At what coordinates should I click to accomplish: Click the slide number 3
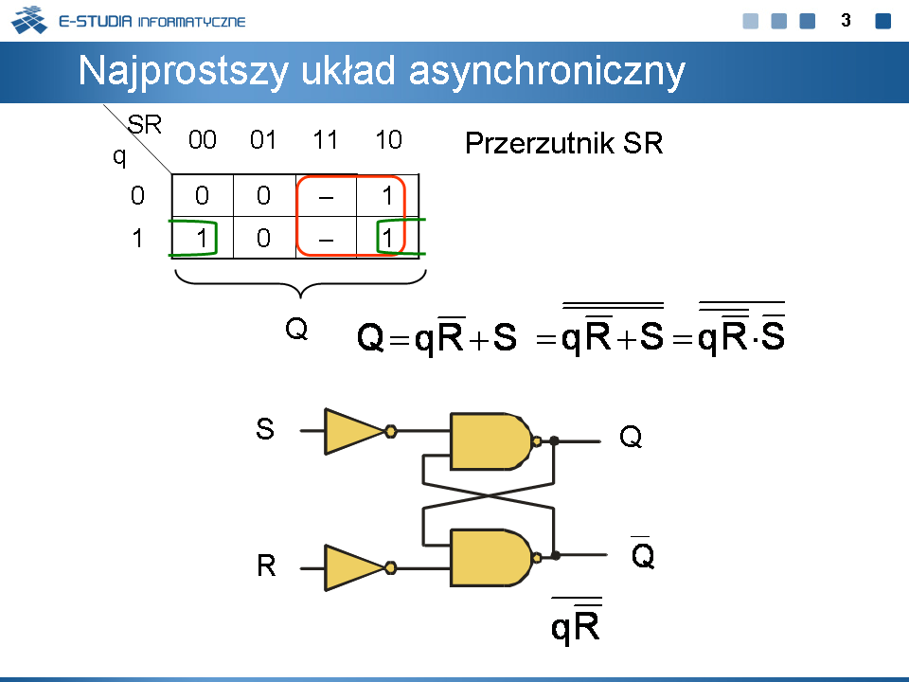pos(847,20)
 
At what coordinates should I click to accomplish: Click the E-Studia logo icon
pos(28,20)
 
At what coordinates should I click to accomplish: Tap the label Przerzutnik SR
pos(563,144)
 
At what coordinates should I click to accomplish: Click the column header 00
pos(203,141)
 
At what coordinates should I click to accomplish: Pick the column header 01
pos(263,141)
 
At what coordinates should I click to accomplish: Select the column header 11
pos(326,141)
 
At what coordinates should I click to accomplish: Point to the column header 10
pos(388,141)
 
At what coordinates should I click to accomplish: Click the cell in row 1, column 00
pos(202,238)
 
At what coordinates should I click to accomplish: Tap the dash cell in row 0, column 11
pos(326,196)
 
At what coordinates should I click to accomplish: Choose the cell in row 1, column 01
pos(263,238)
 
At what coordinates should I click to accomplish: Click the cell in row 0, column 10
pos(388,196)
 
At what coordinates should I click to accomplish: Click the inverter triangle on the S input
pos(354,431)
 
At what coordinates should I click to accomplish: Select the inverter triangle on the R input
pos(354,567)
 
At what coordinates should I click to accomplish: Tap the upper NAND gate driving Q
pos(490,441)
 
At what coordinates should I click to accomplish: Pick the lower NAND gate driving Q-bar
pos(490,557)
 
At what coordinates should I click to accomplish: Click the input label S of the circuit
pos(265,430)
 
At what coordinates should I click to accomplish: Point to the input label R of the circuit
pos(266,567)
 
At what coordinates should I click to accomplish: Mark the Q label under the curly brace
pos(296,330)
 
